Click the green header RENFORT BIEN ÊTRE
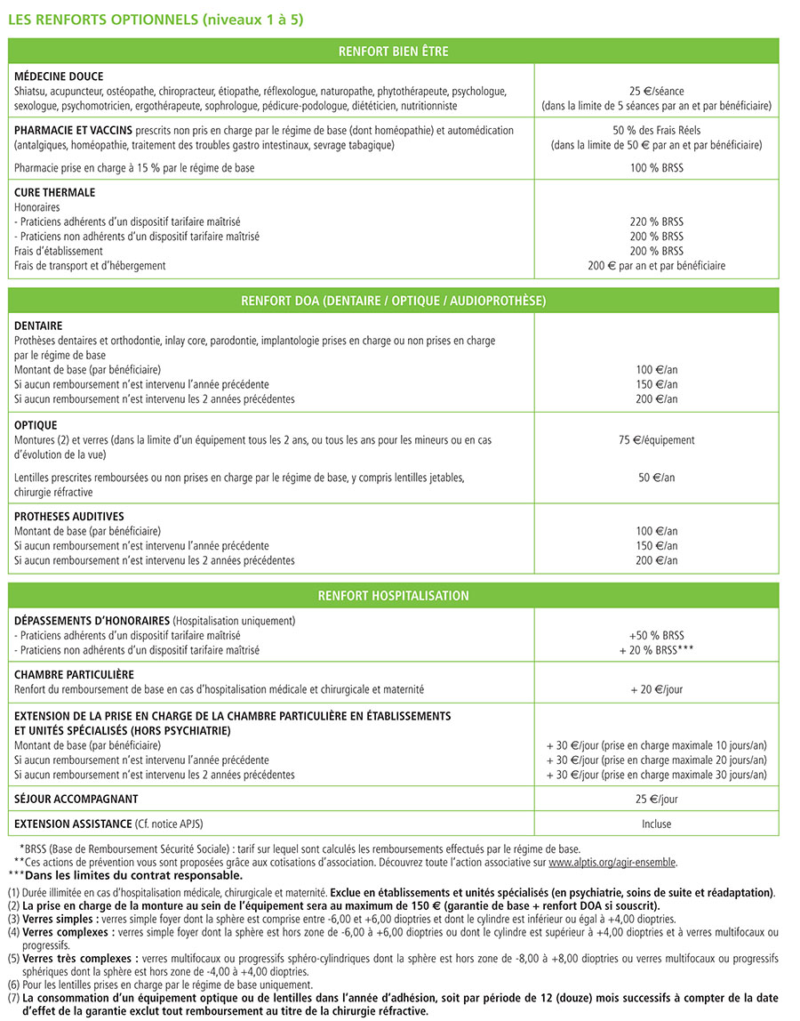[x=393, y=52]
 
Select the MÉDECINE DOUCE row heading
[x=59, y=76]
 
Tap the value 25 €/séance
[x=656, y=91]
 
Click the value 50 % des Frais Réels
[x=656, y=130]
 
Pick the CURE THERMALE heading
[x=55, y=192]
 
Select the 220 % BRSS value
[x=656, y=221]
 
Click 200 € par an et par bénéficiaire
[x=656, y=266]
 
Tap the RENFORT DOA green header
[x=393, y=301]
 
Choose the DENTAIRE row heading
[x=38, y=326]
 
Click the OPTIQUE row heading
[x=36, y=426]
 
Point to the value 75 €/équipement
[x=656, y=439]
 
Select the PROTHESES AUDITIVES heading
[x=69, y=517]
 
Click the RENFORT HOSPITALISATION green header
[x=393, y=596]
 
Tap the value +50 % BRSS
[x=656, y=635]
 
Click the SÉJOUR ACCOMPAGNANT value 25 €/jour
[x=656, y=800]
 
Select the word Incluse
[x=656, y=824]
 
